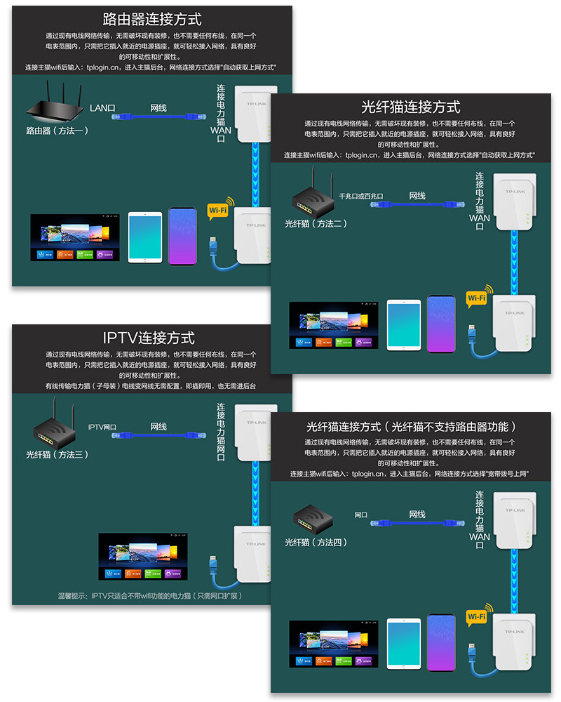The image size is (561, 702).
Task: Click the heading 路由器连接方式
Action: (152, 19)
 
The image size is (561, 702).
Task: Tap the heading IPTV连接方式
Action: (149, 338)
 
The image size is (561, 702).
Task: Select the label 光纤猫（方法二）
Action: (316, 224)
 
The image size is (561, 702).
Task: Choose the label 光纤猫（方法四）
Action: (316, 542)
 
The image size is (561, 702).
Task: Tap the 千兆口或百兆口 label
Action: (360, 197)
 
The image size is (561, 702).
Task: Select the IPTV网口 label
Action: (102, 427)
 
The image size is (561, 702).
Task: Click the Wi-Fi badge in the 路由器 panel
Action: (218, 210)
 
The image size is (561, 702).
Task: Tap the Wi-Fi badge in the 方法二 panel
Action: (478, 298)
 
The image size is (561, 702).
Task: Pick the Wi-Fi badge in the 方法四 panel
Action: (478, 616)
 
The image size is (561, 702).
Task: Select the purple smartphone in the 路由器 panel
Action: (182, 236)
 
